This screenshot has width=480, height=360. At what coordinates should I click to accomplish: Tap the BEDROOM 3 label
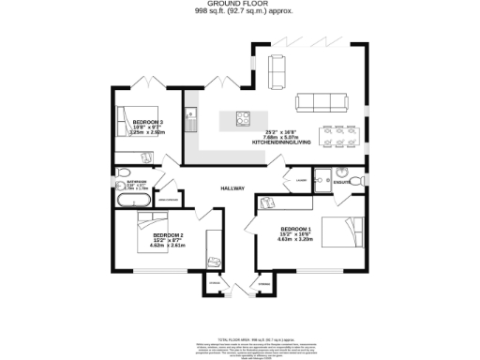click(x=148, y=123)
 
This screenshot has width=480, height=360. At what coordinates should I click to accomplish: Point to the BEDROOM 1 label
click(x=295, y=229)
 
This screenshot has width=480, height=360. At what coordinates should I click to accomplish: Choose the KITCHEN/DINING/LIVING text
click(x=280, y=142)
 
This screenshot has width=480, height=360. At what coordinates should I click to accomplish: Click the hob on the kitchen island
click(x=243, y=119)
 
